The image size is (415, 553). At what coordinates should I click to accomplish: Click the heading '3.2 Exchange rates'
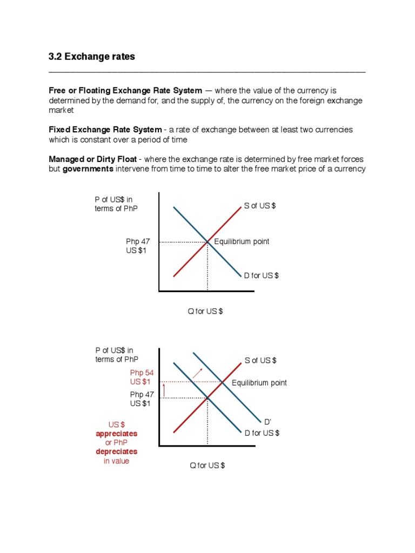click(92, 57)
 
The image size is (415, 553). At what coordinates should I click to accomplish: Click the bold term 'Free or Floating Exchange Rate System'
click(125, 90)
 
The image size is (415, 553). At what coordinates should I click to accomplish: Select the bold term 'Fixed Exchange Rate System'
click(105, 130)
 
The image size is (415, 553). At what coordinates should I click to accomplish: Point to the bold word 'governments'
click(88, 169)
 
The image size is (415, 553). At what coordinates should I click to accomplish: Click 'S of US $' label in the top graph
click(260, 207)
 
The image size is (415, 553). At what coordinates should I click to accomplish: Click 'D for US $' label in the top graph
click(261, 275)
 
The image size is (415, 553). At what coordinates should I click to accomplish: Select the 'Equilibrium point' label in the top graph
click(242, 241)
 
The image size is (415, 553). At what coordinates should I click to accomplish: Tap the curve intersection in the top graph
click(207, 242)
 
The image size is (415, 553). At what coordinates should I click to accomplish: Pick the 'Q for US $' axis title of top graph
click(205, 312)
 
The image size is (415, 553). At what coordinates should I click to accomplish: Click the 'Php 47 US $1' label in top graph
click(138, 246)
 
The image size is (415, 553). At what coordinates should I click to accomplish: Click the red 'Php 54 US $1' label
click(142, 377)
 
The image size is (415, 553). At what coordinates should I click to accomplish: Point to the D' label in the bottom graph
click(267, 421)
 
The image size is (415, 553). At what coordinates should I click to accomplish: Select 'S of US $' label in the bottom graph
click(260, 360)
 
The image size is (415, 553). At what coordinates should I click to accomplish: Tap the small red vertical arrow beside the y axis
click(164, 389)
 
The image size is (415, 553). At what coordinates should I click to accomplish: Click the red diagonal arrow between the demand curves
click(198, 373)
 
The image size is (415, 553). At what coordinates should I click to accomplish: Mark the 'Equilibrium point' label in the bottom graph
click(259, 383)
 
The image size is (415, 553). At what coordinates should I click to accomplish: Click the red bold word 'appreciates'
click(117, 434)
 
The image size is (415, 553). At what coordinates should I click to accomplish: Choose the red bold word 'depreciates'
click(117, 451)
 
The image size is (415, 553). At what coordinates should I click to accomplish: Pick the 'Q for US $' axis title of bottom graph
click(207, 466)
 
